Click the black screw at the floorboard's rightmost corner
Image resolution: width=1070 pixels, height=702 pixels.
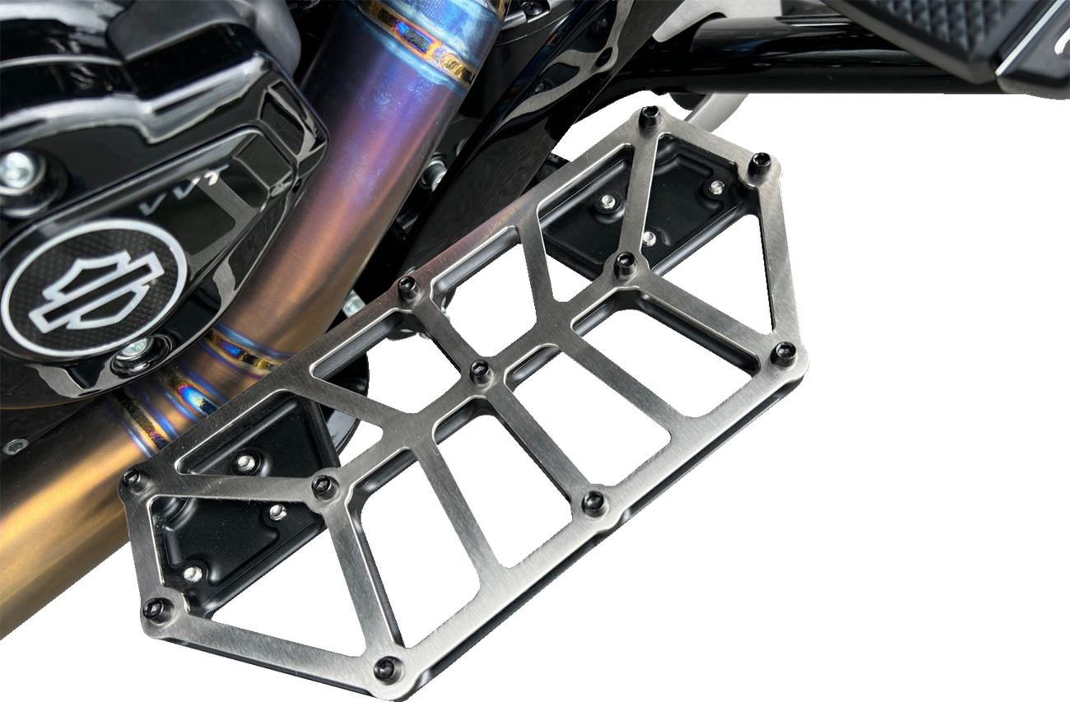pos(783,353)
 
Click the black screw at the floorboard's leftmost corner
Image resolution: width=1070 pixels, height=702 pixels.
pos(131,480)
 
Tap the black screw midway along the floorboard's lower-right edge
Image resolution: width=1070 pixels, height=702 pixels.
pos(593,501)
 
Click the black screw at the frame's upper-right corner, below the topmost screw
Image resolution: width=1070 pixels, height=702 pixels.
pos(760,163)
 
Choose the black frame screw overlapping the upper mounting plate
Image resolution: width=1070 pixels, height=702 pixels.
pos(625,263)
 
